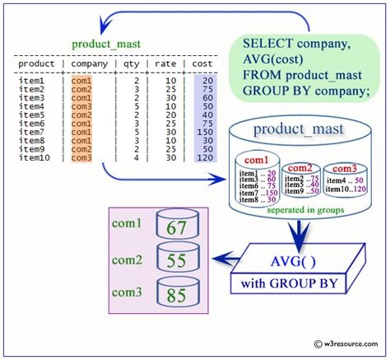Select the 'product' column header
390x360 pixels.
point(36,63)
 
